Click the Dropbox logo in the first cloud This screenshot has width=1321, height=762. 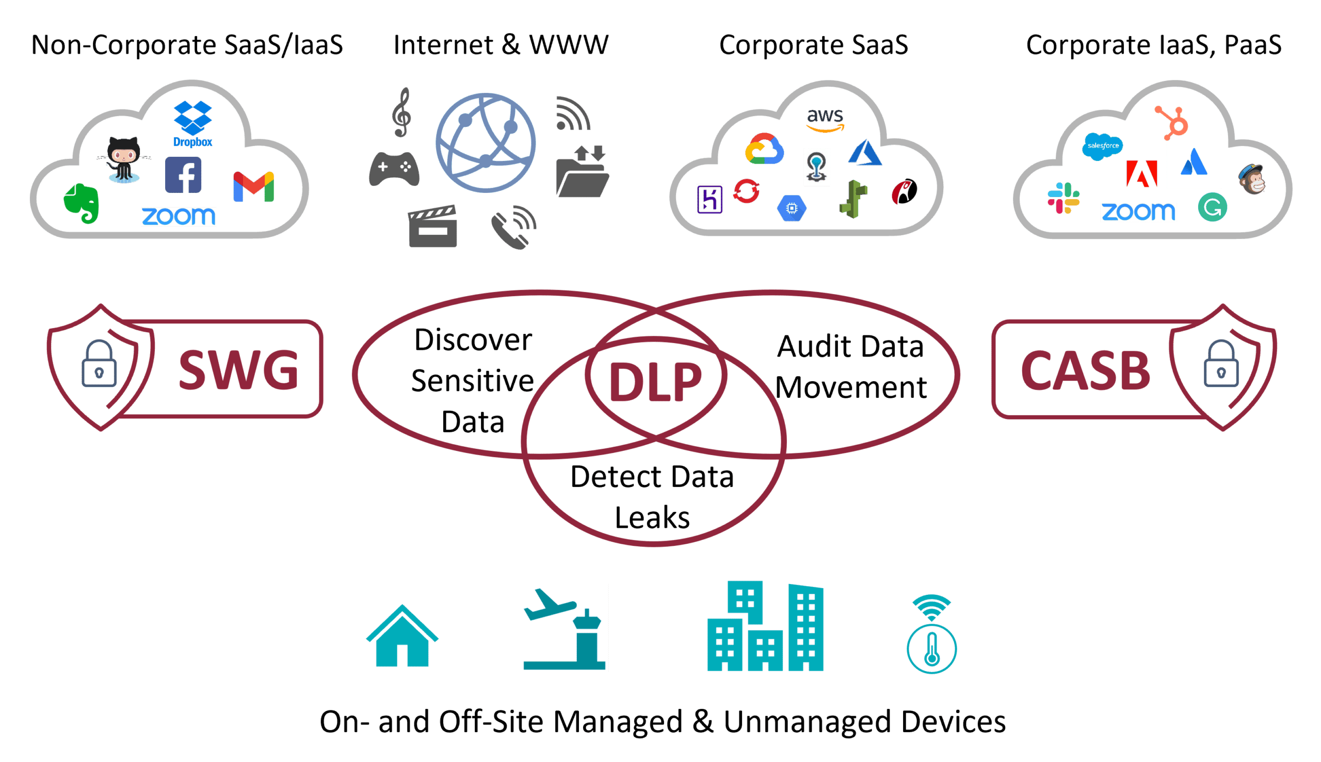192,123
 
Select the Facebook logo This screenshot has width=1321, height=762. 183,175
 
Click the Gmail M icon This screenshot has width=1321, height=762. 253,186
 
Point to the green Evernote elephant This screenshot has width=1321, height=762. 82,203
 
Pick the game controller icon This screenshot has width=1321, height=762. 394,169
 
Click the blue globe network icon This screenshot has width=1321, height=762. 486,142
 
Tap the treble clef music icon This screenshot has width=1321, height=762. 402,112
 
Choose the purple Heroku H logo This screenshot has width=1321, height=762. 709,199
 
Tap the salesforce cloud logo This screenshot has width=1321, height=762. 1103,146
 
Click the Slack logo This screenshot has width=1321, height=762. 1063,198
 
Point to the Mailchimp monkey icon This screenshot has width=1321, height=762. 1252,180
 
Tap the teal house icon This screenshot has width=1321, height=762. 402,638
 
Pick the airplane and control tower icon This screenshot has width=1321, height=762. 562,627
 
